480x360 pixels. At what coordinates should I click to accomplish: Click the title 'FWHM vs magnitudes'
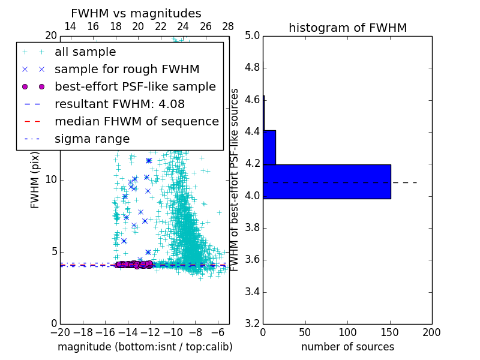click(136, 13)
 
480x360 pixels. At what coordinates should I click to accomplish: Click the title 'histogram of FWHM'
click(347, 28)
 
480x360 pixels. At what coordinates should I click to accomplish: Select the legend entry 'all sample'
click(85, 52)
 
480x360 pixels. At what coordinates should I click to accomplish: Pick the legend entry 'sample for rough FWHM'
click(127, 69)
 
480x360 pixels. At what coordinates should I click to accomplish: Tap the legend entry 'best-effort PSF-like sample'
click(135, 86)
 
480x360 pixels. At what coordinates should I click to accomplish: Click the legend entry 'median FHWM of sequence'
click(136, 121)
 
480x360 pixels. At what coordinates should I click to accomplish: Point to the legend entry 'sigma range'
click(92, 139)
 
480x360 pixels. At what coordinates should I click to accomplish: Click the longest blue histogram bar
click(327, 181)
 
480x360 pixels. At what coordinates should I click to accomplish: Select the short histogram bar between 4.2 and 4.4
click(269, 147)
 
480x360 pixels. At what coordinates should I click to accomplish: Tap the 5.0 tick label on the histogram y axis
click(252, 35)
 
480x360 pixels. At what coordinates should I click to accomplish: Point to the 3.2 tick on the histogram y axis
click(252, 323)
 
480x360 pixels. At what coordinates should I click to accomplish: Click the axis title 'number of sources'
click(347, 347)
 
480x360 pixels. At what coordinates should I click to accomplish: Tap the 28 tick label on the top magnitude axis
click(228, 26)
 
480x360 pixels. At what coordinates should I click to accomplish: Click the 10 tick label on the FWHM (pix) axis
click(51, 179)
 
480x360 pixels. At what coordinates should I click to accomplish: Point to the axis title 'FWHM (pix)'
click(35, 179)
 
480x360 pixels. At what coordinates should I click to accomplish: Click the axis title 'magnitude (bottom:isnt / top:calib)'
click(145, 347)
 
